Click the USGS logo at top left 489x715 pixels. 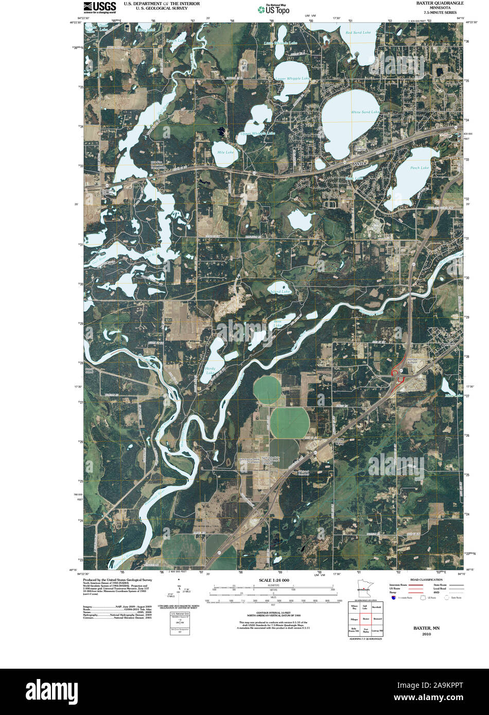(99, 6)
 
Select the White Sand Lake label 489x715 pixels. (365, 112)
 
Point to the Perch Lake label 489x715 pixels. (420, 168)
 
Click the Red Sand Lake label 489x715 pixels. (358, 32)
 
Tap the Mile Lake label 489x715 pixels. (225, 152)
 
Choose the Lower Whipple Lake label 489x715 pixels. (292, 78)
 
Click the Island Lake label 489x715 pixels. (280, 292)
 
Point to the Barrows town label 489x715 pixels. (449, 344)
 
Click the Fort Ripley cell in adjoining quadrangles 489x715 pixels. (366, 629)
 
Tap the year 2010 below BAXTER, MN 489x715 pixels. (426, 634)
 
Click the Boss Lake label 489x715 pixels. (277, 322)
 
